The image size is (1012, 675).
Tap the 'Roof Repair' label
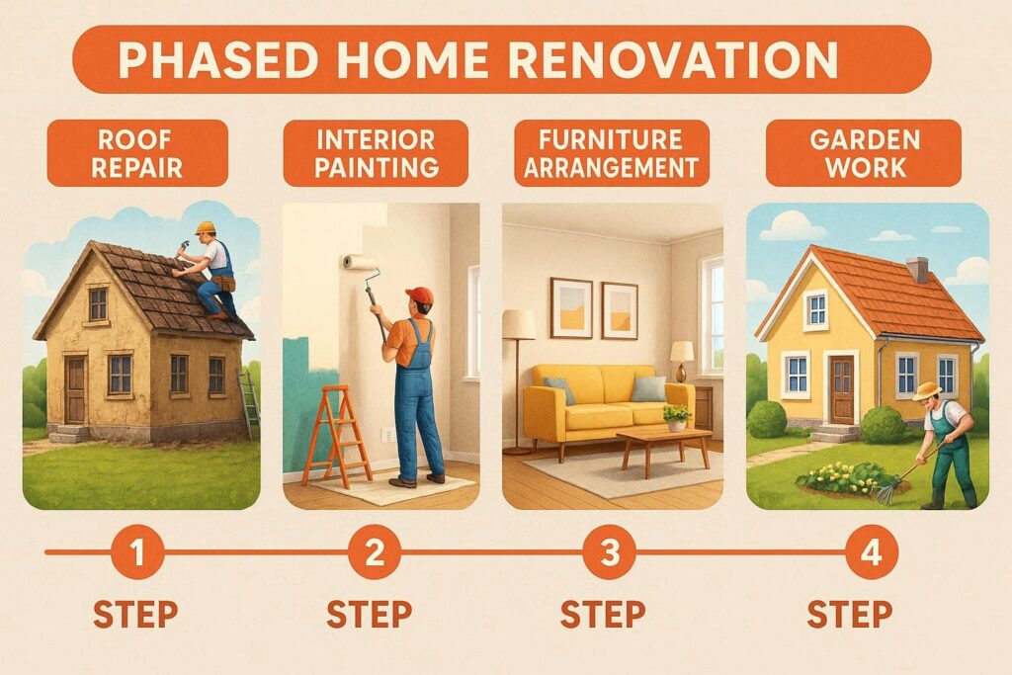pos(136,153)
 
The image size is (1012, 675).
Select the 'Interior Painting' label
pos(376,153)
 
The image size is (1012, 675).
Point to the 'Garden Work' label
pos(863,153)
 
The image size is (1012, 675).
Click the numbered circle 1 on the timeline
pos(137,553)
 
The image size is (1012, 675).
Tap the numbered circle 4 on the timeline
pos(870,553)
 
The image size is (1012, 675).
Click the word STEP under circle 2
pos(370,614)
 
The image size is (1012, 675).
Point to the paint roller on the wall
pos(361,262)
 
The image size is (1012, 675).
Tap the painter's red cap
pos(420,295)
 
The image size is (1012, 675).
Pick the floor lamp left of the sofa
pos(518,376)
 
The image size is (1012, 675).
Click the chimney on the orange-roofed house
pos(918,269)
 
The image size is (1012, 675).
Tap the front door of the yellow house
pos(842,390)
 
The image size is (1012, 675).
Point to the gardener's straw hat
pos(927,391)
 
